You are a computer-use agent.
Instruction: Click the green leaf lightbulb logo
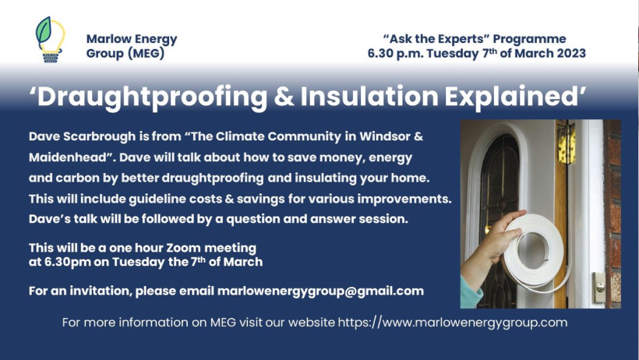point(51,40)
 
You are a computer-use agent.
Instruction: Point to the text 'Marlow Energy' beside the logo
point(132,39)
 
